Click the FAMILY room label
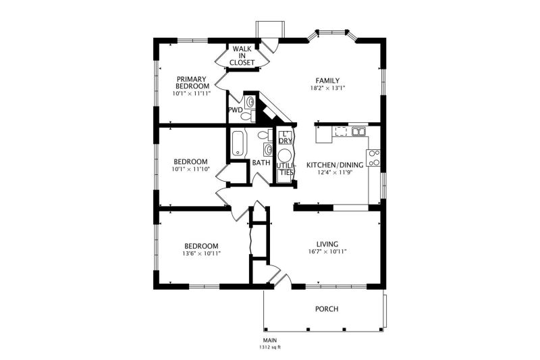[327, 80]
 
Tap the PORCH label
[327, 309]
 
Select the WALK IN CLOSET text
[242, 56]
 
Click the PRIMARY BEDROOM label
[192, 82]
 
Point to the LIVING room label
[327, 244]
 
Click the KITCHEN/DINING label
[335, 165]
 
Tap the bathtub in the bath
[238, 143]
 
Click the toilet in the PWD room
[248, 115]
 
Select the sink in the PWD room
[250, 102]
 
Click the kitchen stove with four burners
[373, 158]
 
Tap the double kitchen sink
[358, 131]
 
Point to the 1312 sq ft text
[270, 347]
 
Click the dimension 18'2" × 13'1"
[327, 88]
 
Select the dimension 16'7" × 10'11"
[327, 251]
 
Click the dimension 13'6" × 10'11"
[201, 253]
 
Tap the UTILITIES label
[285, 169]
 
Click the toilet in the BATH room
[265, 134]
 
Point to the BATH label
[261, 162]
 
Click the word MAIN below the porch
[270, 340]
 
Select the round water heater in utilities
[285, 156]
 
